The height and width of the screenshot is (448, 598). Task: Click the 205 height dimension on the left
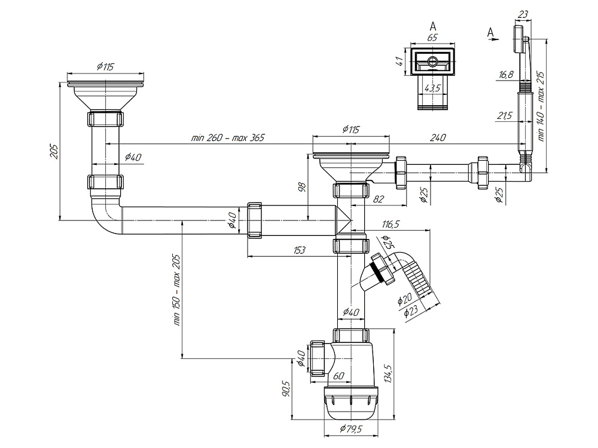(x=53, y=151)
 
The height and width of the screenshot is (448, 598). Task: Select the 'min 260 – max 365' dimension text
(x=228, y=137)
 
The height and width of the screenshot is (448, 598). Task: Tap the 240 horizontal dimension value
(x=438, y=137)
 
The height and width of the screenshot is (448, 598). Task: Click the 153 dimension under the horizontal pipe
(x=300, y=250)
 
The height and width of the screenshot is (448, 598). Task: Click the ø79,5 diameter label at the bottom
(x=351, y=429)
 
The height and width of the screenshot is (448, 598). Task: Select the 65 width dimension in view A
(x=432, y=37)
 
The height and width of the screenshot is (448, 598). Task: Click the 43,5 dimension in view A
(x=432, y=88)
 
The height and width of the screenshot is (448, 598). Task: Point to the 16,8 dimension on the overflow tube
(x=506, y=75)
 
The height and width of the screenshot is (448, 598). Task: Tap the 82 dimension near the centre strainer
(x=379, y=198)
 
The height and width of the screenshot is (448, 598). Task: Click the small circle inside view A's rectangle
(x=432, y=62)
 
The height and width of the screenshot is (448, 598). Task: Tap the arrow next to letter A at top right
(x=494, y=39)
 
